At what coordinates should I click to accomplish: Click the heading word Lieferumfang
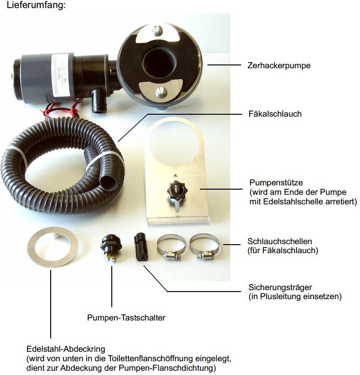click(x=36, y=5)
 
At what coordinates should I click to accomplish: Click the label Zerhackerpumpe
click(x=279, y=65)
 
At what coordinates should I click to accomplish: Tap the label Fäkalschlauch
click(x=275, y=114)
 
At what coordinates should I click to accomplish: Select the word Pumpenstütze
click(x=276, y=183)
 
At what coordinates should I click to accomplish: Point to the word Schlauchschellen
click(x=279, y=241)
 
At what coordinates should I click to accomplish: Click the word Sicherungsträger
click(x=280, y=287)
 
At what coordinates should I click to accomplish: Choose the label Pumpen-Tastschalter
click(x=126, y=318)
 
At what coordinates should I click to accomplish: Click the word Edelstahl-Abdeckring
click(x=66, y=349)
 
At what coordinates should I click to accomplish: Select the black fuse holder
click(x=141, y=247)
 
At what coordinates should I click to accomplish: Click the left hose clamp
click(x=171, y=247)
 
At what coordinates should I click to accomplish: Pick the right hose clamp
click(x=205, y=247)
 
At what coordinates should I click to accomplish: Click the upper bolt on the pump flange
click(x=157, y=31)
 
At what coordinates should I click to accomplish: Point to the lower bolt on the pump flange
click(x=162, y=92)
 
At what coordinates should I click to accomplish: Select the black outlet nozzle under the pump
click(x=99, y=101)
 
